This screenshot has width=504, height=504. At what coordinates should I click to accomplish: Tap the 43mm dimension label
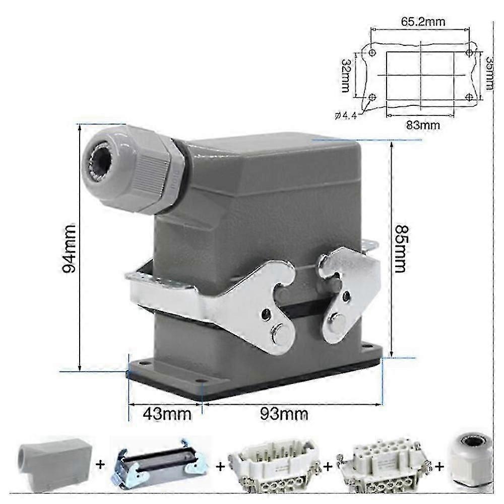(167, 414)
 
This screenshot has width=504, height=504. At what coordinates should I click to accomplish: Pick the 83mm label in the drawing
(422, 124)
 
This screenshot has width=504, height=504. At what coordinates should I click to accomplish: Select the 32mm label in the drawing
(346, 76)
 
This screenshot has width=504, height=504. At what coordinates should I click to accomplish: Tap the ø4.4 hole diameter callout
(345, 115)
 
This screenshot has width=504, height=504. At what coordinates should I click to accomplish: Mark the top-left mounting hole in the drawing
(372, 52)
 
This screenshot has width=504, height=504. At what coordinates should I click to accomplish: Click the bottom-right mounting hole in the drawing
(470, 96)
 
